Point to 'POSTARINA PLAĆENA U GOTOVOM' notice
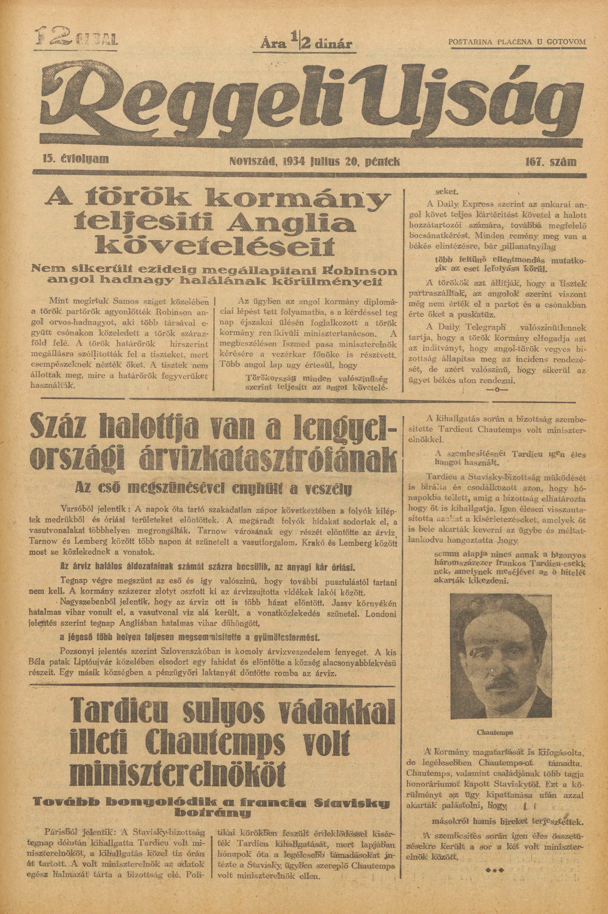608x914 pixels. coord(516,42)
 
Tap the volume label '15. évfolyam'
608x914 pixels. coord(76,159)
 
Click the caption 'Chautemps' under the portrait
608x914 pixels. coord(495,722)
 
